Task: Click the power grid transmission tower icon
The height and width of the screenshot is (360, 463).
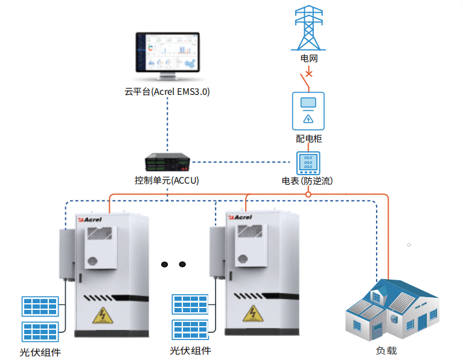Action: (308, 28)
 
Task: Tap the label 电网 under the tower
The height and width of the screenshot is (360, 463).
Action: (309, 58)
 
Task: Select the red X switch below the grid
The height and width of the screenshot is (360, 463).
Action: (309, 73)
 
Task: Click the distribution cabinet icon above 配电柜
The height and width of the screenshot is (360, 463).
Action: (308, 111)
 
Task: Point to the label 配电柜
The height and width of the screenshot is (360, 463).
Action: (309, 138)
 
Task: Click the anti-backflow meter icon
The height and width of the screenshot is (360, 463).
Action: (308, 163)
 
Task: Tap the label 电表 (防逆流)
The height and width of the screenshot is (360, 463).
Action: (307, 181)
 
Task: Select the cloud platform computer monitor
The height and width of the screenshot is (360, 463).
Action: (167, 56)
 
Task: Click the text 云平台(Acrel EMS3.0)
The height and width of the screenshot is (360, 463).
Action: (167, 92)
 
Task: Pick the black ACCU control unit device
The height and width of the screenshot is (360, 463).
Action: (167, 162)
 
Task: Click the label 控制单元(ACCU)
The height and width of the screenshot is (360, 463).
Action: (167, 180)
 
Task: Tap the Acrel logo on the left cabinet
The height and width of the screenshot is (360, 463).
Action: (90, 220)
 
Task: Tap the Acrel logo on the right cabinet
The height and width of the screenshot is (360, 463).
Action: (240, 217)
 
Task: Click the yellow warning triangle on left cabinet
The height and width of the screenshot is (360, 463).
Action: (103, 315)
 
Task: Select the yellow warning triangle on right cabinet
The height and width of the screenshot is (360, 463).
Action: (253, 313)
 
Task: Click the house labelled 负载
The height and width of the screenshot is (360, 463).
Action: (392, 310)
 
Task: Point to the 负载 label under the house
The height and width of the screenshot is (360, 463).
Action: (386, 350)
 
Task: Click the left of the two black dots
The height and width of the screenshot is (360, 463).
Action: (164, 264)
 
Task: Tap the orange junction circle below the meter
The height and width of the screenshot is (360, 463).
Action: (308, 194)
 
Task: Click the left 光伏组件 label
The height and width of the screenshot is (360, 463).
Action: (40, 352)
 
